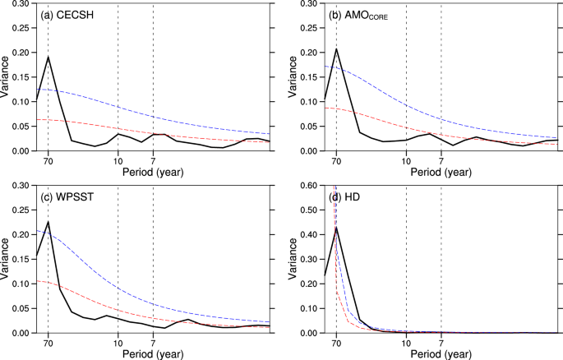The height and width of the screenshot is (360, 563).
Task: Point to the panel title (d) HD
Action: pyautogui.click(x=346, y=196)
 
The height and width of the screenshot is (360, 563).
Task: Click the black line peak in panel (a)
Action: pyautogui.click(x=48, y=57)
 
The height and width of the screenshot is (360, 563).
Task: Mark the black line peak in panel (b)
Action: pyautogui.click(x=336, y=49)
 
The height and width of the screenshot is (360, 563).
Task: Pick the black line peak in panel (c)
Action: pyautogui.click(x=48, y=222)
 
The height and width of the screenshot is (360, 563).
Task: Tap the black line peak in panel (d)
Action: pyautogui.click(x=336, y=228)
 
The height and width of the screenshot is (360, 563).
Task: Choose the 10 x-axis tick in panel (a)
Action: pyautogui.click(x=118, y=160)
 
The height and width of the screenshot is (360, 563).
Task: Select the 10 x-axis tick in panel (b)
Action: pyautogui.click(x=406, y=160)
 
